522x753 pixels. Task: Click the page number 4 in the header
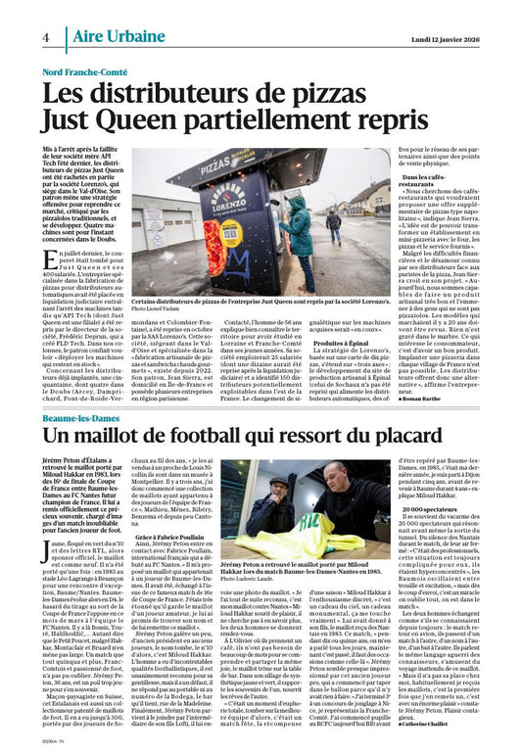click(x=46, y=36)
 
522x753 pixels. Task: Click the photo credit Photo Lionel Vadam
click(x=162, y=309)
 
